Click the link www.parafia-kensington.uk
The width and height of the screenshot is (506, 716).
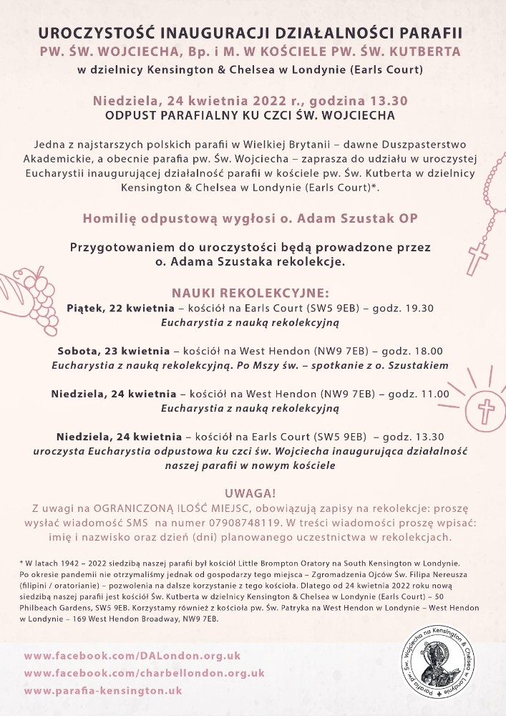[102, 691]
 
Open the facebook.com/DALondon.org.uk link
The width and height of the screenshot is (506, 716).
[132, 655]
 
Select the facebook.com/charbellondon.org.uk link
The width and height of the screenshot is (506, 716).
[144, 673]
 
